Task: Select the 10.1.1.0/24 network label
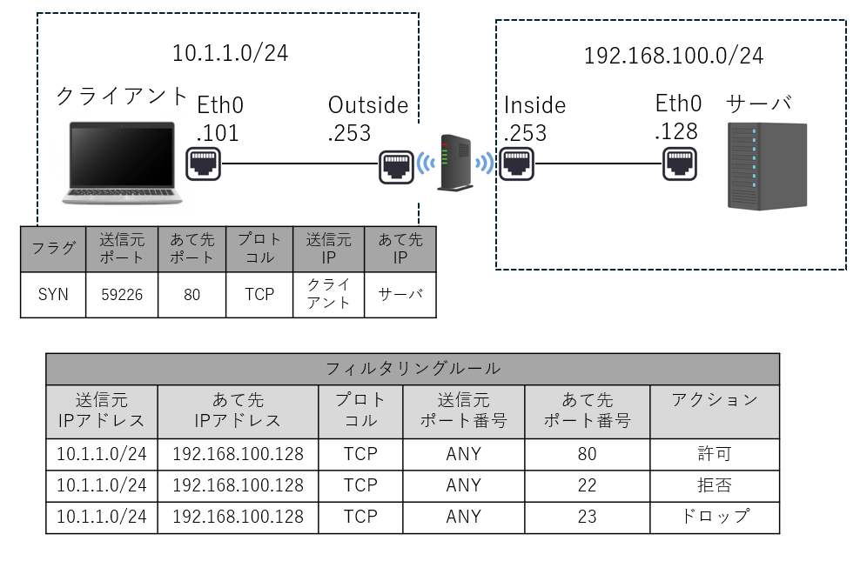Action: click(230, 53)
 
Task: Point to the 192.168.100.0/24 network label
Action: click(673, 57)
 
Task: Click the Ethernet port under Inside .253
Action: click(517, 163)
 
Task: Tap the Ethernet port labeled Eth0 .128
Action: click(679, 163)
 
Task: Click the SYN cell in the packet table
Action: click(53, 295)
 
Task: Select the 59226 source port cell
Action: click(122, 295)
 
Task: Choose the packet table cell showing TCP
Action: click(259, 295)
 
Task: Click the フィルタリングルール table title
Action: click(413, 368)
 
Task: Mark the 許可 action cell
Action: click(715, 454)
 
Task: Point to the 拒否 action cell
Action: click(715, 485)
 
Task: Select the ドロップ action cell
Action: click(715, 517)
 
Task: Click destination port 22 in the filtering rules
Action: click(587, 485)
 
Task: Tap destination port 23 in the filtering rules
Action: click(587, 517)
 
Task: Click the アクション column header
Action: click(715, 401)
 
